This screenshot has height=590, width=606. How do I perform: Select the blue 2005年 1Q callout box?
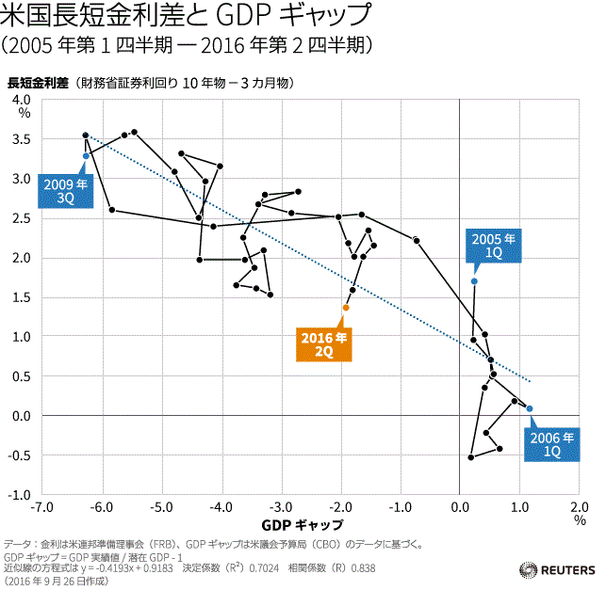click(494, 246)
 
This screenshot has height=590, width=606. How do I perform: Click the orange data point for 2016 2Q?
click(346, 308)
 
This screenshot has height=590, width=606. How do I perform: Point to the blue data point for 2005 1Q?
click(474, 281)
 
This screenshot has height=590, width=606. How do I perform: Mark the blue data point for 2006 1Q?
click(530, 408)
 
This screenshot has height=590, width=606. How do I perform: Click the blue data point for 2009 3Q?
click(86, 155)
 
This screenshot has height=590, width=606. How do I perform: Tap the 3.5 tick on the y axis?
click(22, 139)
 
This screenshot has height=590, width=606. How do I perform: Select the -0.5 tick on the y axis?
click(20, 455)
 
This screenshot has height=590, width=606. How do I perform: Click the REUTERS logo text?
click(564, 569)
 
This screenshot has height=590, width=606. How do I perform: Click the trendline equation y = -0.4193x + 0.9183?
click(131, 568)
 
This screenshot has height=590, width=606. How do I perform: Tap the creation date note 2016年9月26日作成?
click(57, 581)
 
